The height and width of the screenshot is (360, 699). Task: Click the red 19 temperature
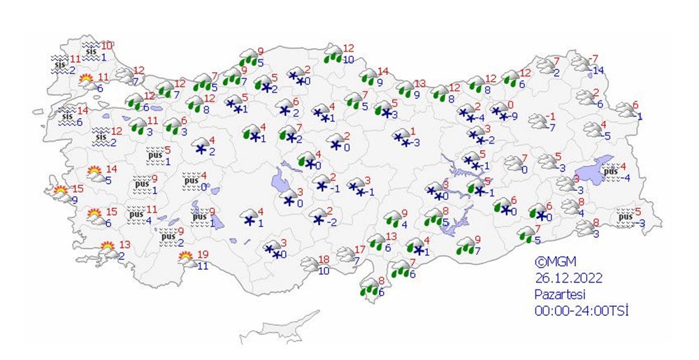pos(201,254)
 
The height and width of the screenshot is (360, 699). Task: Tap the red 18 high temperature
pos(324,260)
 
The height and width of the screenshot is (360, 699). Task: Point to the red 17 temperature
pos(360,250)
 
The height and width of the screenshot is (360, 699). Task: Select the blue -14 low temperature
pos(598,71)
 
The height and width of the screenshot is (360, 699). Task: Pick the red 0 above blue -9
pos(510,105)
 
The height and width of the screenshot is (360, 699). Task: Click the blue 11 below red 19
pos(202,266)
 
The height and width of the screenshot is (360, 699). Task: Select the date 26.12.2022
pos(566,278)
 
